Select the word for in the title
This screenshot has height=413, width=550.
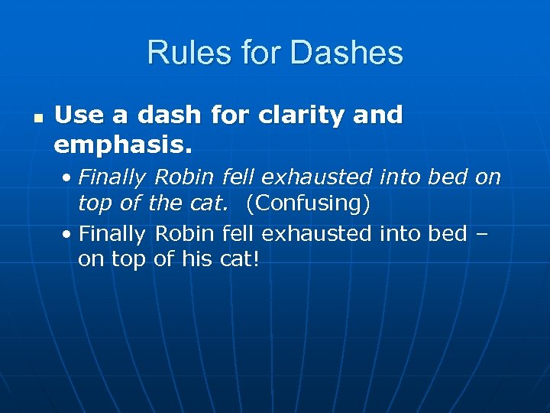tap(254, 53)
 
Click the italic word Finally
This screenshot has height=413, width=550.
tap(112, 178)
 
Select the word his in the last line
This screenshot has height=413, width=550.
tap(196, 259)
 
